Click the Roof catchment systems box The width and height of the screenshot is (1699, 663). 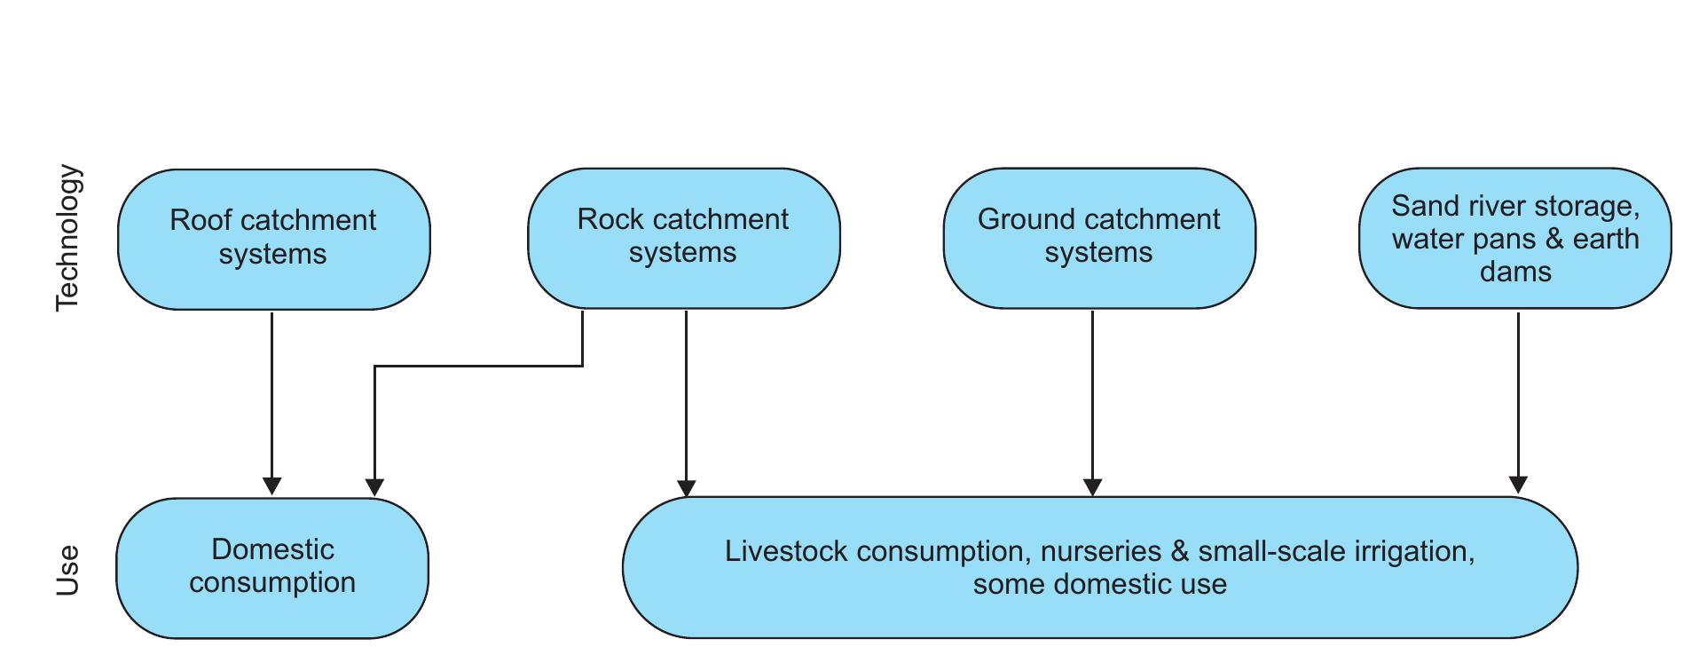pos(273,239)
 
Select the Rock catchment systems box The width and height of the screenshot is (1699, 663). pos(683,238)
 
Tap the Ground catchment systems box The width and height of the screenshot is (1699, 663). pos(1098,238)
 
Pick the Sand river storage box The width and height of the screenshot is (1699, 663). pos(1514,238)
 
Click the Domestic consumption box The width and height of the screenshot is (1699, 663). pos(272,567)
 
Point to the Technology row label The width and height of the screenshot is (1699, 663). pos(68,238)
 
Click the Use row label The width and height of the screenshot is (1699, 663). pos(68,569)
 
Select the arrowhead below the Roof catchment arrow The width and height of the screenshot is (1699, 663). pos(272,485)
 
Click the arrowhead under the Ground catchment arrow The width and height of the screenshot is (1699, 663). pos(1092,486)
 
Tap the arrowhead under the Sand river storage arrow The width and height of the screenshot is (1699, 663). pos(1518,485)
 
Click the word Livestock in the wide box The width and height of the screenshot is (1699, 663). pos(786,551)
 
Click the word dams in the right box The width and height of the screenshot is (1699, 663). pos(1514,272)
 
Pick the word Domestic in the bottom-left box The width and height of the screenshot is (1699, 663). pos(272,549)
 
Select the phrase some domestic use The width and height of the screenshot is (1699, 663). pos(1099,585)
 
